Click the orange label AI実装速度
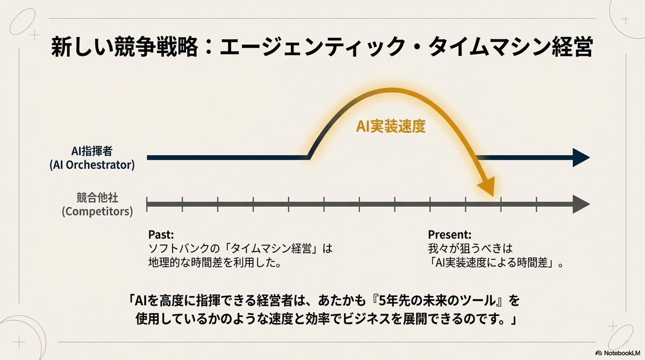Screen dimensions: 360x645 (391, 127)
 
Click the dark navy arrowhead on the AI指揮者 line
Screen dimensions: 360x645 (581, 157)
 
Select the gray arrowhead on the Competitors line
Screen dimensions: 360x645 (581, 204)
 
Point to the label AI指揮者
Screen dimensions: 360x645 (102, 151)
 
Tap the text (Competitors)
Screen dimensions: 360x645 (97, 211)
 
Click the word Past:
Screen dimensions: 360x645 (161, 234)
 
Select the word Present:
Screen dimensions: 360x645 (449, 234)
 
